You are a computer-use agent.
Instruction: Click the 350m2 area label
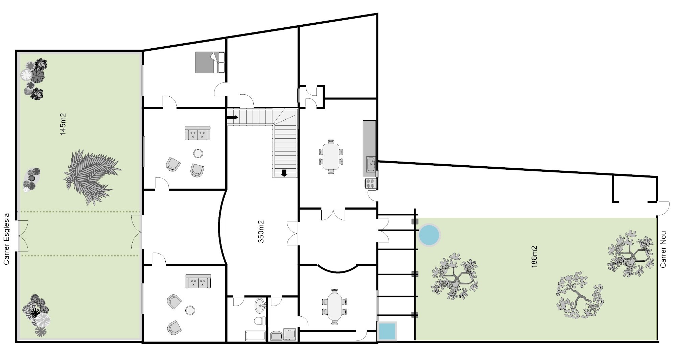(261, 232)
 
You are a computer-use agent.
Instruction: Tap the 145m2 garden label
(63, 124)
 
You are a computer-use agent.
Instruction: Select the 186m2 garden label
(534, 257)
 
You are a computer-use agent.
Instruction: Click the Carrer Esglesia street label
(6, 239)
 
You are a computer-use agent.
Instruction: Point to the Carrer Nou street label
(663, 249)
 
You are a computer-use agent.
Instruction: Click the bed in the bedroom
(210, 62)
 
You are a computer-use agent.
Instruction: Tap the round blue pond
(429, 235)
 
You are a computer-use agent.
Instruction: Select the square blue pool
(387, 331)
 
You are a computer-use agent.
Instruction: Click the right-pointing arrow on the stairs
(233, 117)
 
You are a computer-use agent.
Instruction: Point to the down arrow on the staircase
(284, 173)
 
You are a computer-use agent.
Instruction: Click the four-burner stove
(370, 183)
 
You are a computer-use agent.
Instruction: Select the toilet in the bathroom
(259, 321)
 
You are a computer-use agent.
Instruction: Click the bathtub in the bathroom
(256, 336)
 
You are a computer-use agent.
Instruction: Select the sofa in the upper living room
(197, 133)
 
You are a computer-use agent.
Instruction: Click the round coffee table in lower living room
(190, 310)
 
